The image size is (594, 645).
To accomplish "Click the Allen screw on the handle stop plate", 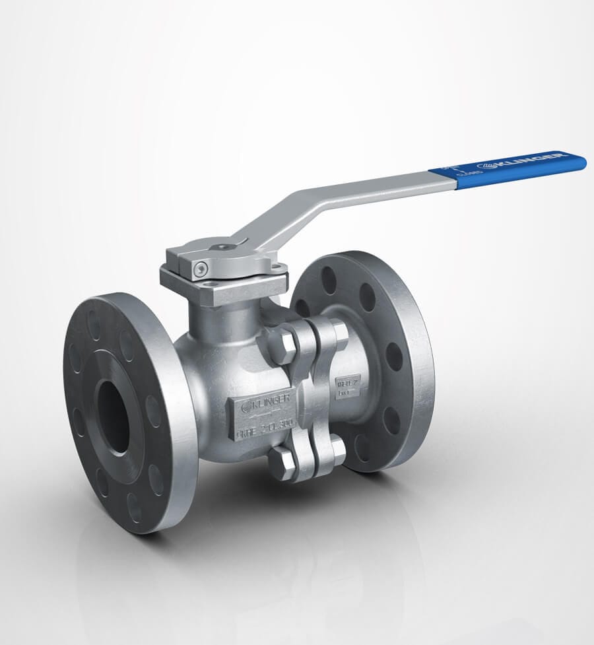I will click(201, 269).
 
